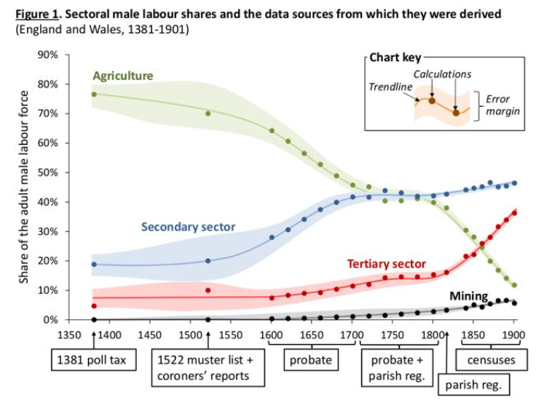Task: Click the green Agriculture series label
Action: click(x=122, y=76)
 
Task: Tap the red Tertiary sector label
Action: click(x=387, y=263)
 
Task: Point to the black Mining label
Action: click(x=468, y=295)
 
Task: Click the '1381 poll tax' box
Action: click(x=93, y=360)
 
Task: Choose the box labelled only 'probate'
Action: click(x=311, y=359)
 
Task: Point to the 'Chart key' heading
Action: click(x=392, y=57)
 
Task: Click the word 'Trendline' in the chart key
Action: click(x=390, y=87)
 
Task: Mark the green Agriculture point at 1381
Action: click(x=94, y=95)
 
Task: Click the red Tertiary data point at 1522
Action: click(x=208, y=290)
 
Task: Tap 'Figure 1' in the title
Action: click(x=36, y=15)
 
